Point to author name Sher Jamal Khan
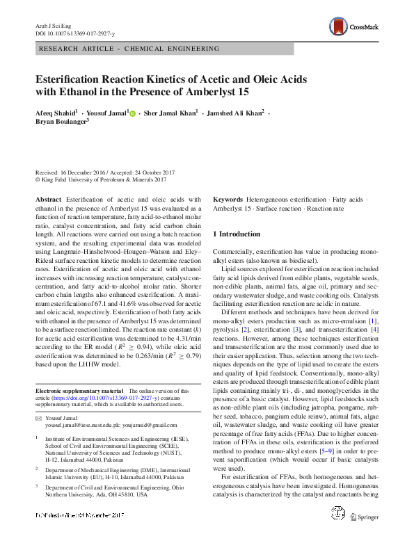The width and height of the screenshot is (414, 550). click(x=170, y=113)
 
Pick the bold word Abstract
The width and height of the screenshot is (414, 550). click(x=48, y=199)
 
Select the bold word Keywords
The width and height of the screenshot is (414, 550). click(x=228, y=199)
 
